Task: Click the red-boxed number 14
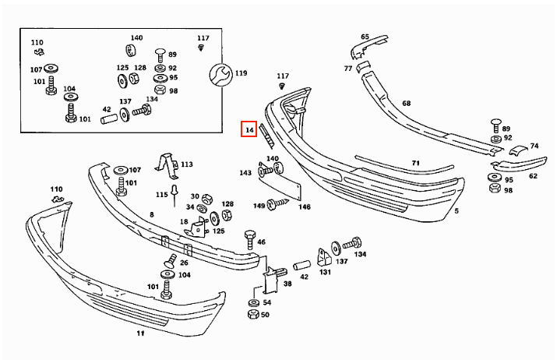pos(249,130)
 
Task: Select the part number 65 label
pos(365,37)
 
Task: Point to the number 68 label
pos(406,103)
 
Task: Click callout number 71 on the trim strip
pos(416,164)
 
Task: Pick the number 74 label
pos(534,146)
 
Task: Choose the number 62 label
pos(533,176)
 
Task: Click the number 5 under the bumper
pos(457,210)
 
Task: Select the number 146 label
pos(305,206)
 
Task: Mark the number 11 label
pos(141,333)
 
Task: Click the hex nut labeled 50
pos(252,315)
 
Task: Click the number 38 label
pos(287,284)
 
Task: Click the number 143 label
pos(245,173)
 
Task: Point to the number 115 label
pos(161,194)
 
